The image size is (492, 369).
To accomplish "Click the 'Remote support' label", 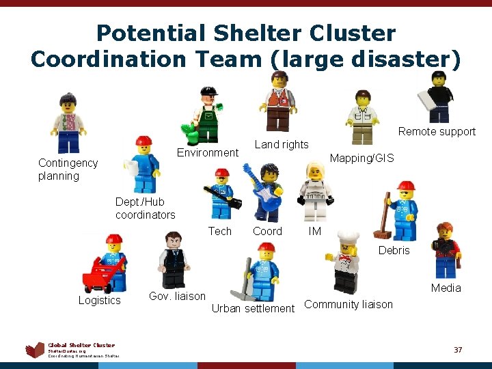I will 437,131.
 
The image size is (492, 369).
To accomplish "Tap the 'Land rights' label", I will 282,144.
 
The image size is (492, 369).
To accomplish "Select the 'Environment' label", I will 208,152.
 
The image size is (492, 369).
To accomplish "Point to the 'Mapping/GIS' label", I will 361,158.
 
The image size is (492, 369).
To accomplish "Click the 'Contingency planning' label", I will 68,169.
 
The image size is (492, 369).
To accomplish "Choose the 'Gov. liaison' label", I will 177,296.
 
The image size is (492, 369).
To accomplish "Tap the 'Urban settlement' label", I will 253,308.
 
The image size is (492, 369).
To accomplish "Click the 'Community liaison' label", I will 348,304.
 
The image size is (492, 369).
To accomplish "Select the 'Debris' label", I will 394,250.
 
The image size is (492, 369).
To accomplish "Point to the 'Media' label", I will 446,288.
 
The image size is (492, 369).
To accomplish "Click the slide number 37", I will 458,350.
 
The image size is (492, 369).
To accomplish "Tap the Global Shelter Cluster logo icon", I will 34,351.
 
